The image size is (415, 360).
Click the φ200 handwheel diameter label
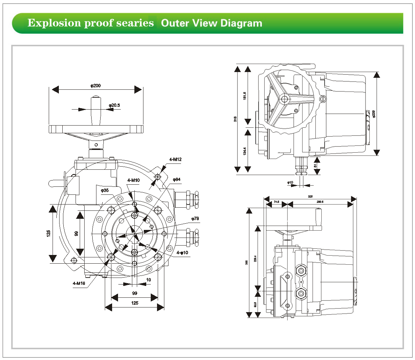coord(96,86)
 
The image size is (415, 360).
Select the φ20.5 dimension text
coord(114,105)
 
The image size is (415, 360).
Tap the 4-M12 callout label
coord(175,160)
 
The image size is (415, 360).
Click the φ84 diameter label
coord(177,179)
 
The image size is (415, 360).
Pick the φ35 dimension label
coord(105,190)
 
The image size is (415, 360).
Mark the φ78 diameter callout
coord(195,218)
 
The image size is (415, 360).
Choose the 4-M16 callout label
coord(79,283)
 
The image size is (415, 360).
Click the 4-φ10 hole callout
coord(182,253)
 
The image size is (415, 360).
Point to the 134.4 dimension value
coord(245,151)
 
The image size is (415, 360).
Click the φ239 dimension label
coord(374,114)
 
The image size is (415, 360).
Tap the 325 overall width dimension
coord(310,197)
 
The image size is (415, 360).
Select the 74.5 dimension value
coord(276,201)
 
